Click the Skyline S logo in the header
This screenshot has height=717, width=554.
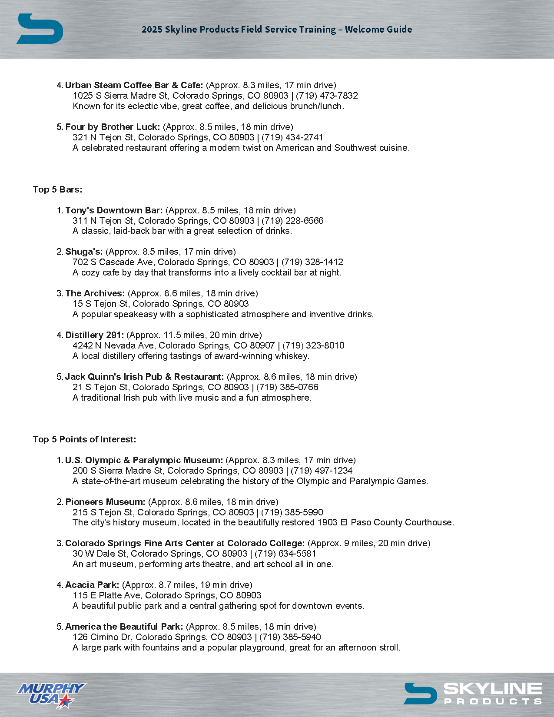pos(40,29)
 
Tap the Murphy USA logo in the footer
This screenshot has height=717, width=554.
pos(51,694)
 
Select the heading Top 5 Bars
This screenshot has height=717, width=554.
pos(57,189)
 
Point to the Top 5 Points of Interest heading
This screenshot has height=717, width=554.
pos(84,439)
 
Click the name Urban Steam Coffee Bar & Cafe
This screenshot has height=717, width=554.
pos(134,85)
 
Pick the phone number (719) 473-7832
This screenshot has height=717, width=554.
pos(327,96)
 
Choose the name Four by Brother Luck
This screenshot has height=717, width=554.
pos(113,127)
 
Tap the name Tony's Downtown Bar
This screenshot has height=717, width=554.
pos(114,210)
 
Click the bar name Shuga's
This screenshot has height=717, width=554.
pos(84,252)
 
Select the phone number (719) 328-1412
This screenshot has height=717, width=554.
pos(312,262)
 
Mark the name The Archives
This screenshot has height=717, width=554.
pos(95,293)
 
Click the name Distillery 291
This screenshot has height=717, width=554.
pos(94,335)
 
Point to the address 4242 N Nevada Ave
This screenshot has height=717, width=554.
pos(115,345)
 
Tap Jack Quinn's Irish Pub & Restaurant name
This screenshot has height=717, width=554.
pos(144,377)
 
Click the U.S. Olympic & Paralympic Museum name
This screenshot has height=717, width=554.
pos(144,460)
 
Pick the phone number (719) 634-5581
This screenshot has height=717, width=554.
pos(285,554)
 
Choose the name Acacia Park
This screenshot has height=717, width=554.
pos(92,585)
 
